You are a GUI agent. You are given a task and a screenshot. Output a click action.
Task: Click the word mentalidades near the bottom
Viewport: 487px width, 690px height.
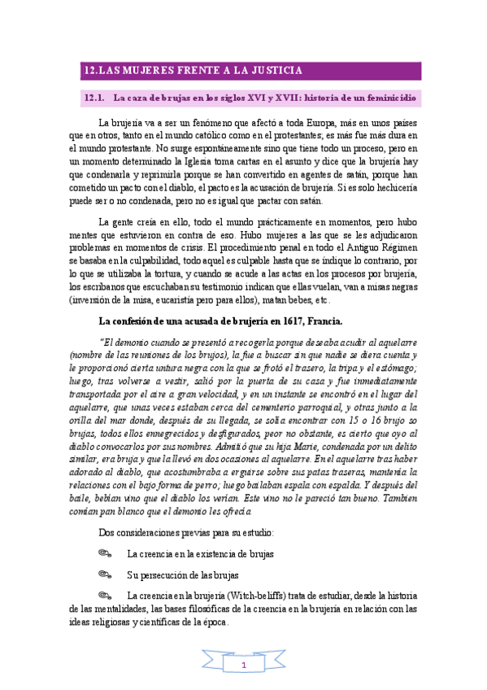(113, 609)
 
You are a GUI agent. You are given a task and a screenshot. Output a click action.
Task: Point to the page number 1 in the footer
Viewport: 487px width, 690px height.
(243, 666)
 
